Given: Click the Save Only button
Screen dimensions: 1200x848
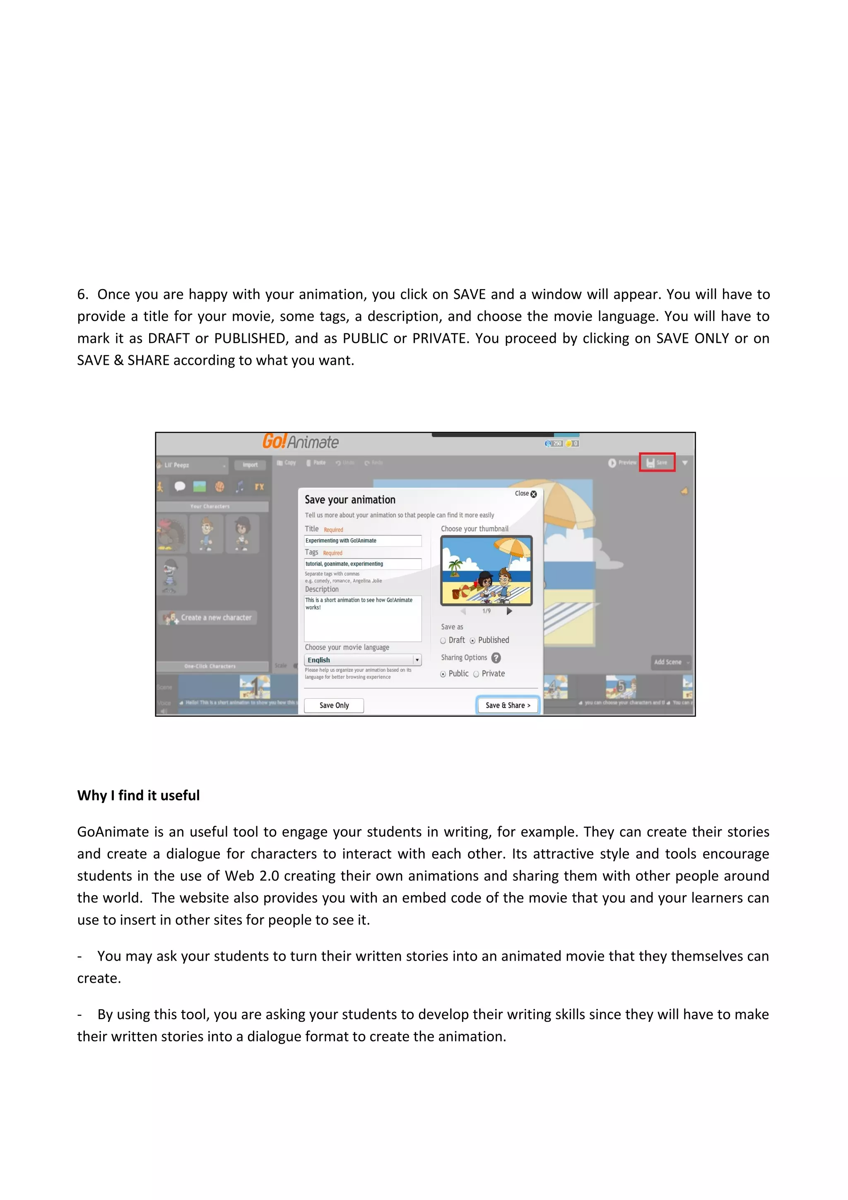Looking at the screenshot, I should point(334,705).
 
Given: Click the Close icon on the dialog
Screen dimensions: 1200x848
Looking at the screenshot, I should point(533,494).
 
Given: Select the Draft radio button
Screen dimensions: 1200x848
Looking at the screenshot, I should point(443,641).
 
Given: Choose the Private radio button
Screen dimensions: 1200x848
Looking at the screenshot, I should point(476,674).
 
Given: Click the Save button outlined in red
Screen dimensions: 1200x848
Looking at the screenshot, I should point(657,463).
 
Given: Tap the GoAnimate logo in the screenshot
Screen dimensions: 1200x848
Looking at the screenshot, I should point(301,442).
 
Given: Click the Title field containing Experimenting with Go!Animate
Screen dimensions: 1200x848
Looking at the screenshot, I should point(363,541).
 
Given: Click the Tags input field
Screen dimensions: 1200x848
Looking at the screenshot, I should point(363,564).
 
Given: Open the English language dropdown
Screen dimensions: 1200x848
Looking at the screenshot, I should point(417,660).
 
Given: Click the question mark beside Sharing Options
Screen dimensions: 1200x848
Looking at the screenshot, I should point(496,658).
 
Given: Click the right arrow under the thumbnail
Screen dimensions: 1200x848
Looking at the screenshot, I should point(509,611).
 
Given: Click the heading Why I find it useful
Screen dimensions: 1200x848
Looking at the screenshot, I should point(138,795).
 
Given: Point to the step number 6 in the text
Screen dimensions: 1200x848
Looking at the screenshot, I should point(82,295).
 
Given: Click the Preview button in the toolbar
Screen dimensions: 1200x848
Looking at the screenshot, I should point(622,463).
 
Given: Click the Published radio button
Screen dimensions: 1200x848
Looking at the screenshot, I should point(472,641).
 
